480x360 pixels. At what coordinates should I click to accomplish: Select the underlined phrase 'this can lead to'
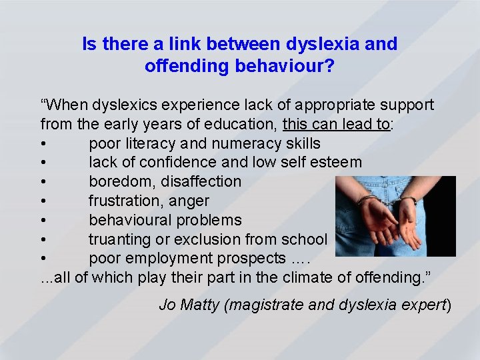point(336,125)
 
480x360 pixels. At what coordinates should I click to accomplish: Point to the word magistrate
point(263,305)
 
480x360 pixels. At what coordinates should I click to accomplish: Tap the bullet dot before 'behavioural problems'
point(43,221)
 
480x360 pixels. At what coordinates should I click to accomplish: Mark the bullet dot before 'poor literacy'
point(43,144)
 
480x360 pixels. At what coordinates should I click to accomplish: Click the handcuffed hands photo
point(395,216)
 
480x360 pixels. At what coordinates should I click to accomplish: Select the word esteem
point(337,162)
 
